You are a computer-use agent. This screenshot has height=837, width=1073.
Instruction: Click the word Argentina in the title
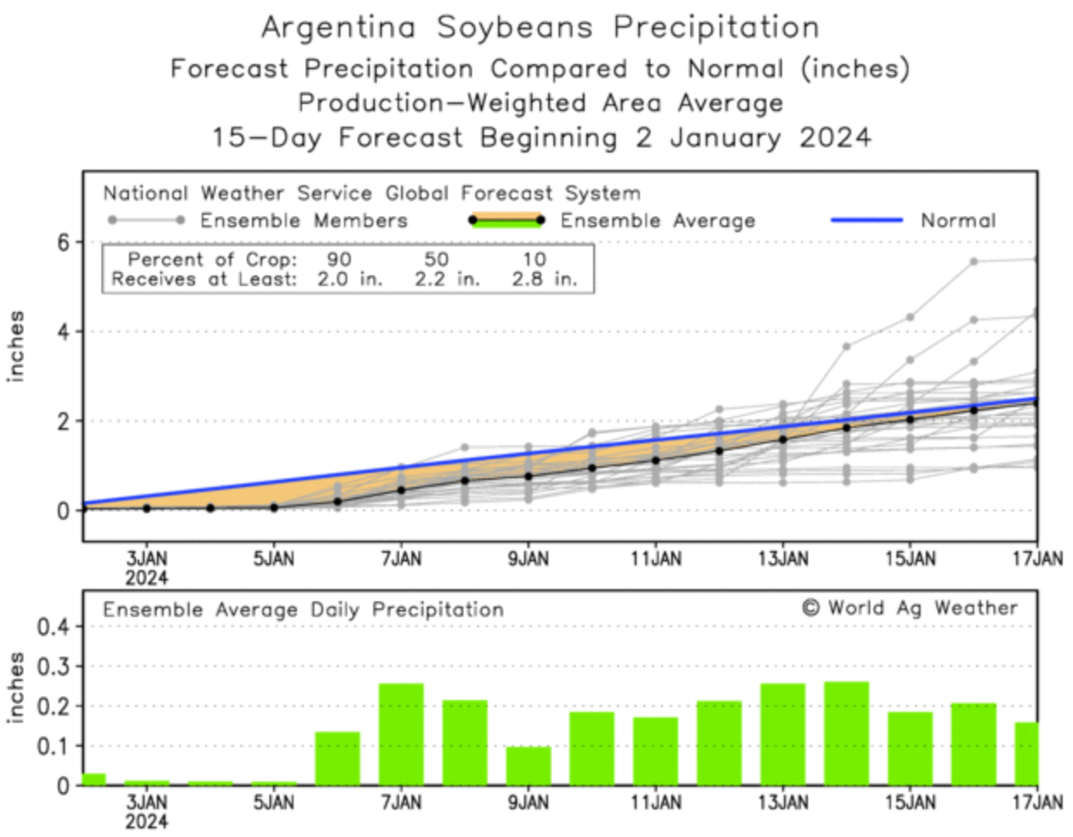(x=339, y=28)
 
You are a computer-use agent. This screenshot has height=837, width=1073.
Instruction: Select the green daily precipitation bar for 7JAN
(x=402, y=734)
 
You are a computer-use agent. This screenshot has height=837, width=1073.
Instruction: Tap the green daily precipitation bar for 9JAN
(x=528, y=765)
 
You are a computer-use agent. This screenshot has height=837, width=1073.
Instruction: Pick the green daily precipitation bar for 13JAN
(x=783, y=734)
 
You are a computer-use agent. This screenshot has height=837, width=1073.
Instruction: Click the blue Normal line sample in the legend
(x=866, y=220)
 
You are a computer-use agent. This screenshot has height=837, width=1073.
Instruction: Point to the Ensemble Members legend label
(x=303, y=221)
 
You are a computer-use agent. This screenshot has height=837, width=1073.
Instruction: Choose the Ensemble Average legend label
(x=657, y=221)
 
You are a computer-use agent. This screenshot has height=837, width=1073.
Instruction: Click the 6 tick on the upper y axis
(x=63, y=243)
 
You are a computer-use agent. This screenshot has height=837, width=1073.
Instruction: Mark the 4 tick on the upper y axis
(x=63, y=332)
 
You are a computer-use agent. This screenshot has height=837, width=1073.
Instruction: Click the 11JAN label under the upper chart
(x=656, y=559)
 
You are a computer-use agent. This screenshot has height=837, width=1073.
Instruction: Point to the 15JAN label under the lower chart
(x=910, y=803)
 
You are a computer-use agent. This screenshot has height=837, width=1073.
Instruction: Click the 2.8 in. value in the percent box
(x=543, y=279)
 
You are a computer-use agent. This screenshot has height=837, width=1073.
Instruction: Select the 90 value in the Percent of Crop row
(x=339, y=259)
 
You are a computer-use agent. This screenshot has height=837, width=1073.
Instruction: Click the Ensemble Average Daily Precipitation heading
(x=303, y=610)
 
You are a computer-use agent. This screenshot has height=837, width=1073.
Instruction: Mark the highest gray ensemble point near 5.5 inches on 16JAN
(x=973, y=261)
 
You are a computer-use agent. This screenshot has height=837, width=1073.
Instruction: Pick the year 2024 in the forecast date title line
(x=835, y=138)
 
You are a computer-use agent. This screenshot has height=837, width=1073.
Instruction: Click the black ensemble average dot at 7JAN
(x=401, y=490)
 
